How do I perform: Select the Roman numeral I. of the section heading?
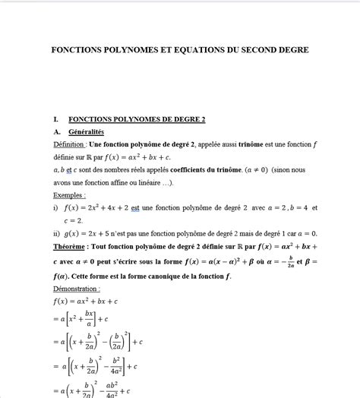pos(56,119)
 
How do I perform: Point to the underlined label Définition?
pos(69,144)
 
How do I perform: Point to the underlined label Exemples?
pos(69,194)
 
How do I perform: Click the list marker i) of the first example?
pos(56,207)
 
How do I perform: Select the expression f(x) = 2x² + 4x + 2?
pos(99,207)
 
